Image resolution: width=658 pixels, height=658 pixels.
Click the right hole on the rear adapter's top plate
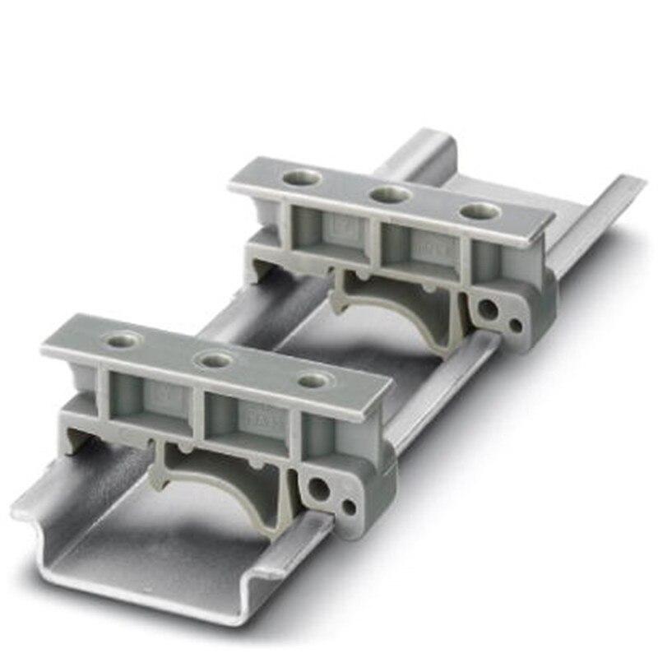coord(480,211)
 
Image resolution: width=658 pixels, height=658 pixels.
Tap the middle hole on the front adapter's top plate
coord(216,359)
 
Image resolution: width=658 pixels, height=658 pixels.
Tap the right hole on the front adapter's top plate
coord(313,381)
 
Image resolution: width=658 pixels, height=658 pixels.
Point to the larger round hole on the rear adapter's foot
coord(489,310)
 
